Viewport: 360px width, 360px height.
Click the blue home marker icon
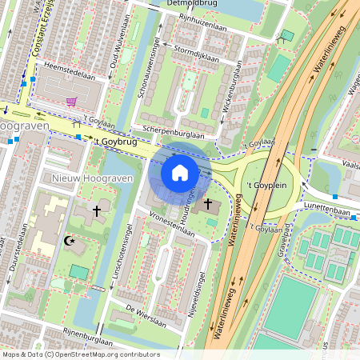pos(180,172)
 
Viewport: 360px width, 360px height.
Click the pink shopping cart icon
pos(72,102)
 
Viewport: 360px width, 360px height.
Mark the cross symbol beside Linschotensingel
pos(98,210)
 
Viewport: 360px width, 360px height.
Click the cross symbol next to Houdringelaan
pos(208,204)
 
